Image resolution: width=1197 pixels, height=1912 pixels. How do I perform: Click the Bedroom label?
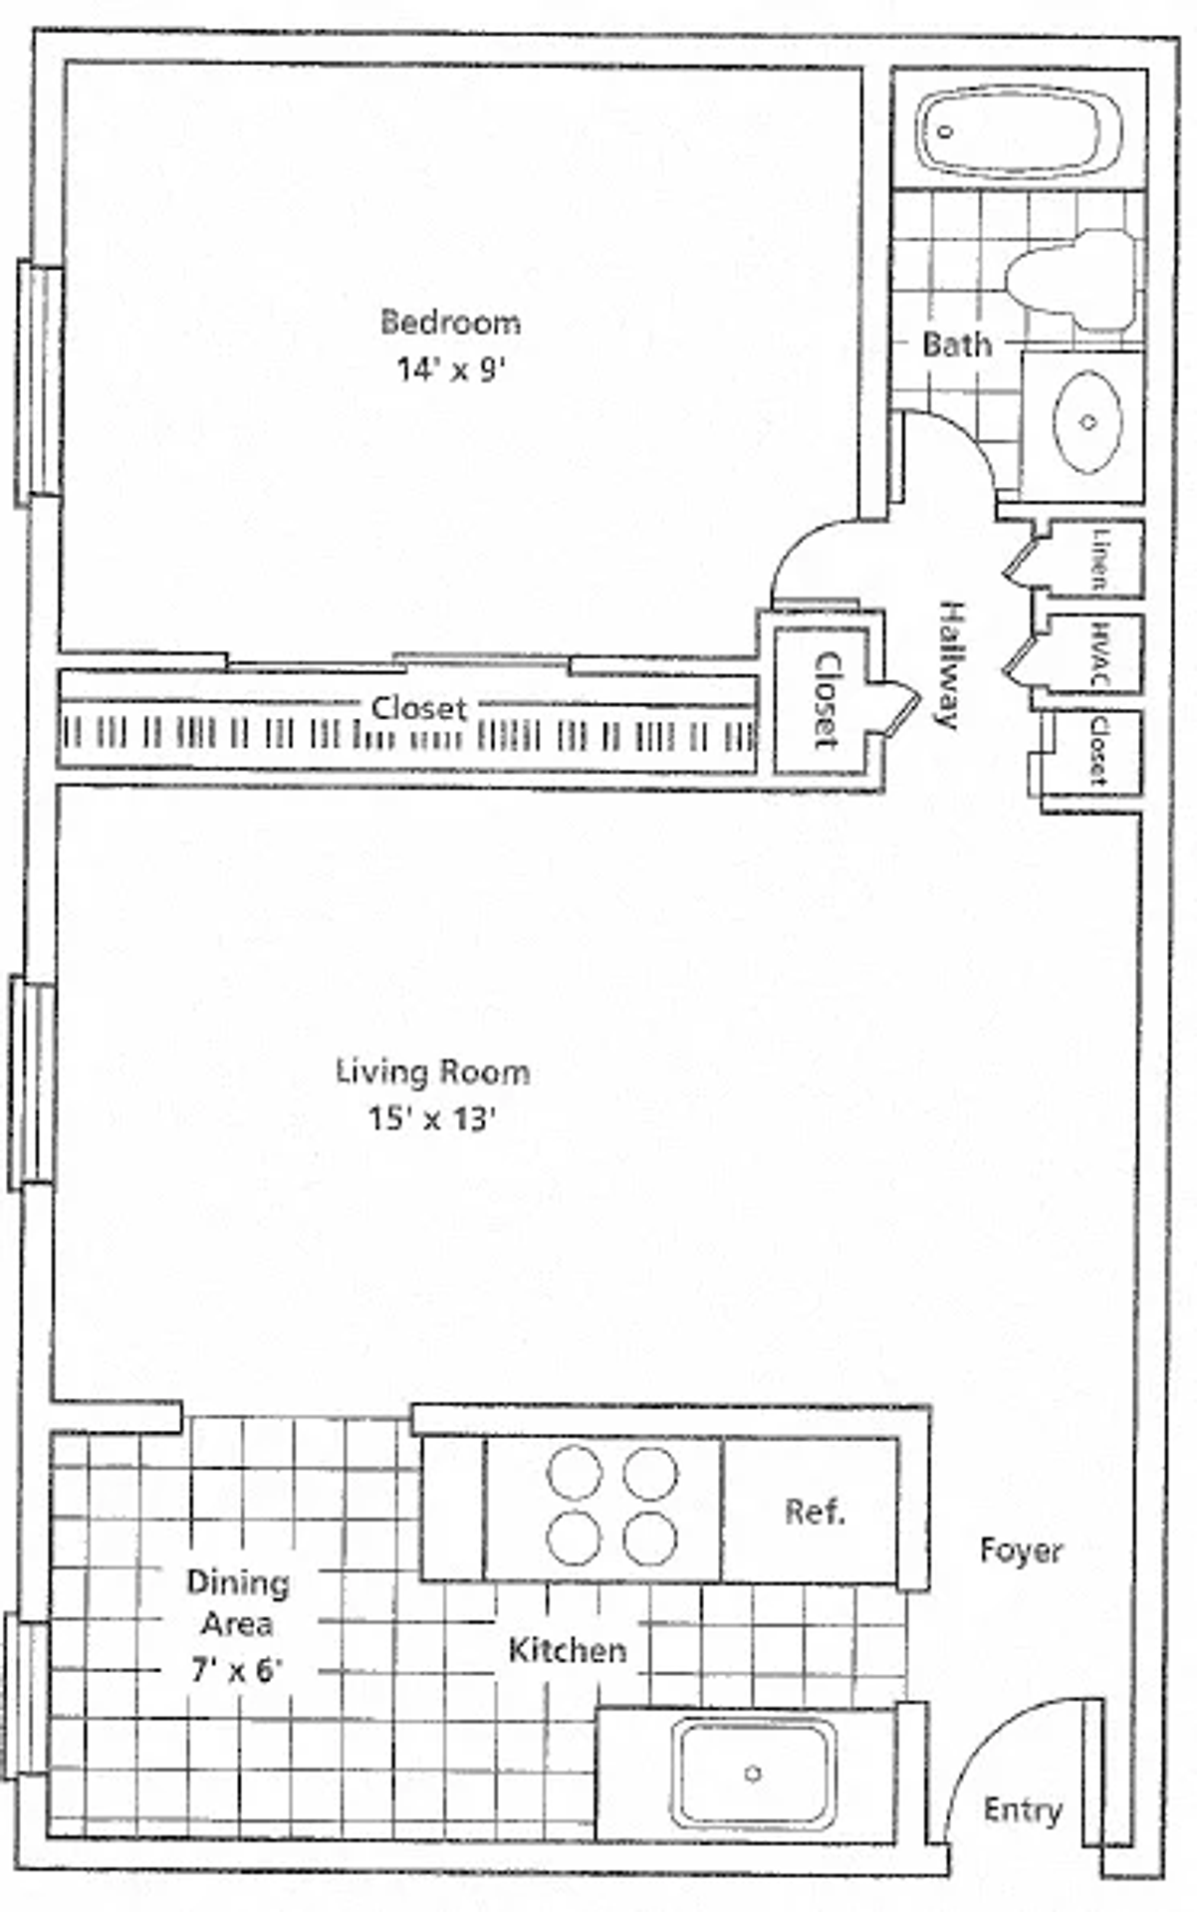(x=450, y=322)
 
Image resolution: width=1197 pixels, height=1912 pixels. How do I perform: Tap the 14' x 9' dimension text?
(x=451, y=369)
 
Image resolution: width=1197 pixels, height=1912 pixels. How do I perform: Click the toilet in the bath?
(x=1071, y=279)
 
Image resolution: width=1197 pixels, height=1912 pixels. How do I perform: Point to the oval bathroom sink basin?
(x=1087, y=422)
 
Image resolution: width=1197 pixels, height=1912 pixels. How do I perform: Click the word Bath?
(x=956, y=345)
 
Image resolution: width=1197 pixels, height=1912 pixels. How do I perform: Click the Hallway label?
(x=950, y=664)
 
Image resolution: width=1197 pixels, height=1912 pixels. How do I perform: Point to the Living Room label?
(x=432, y=1072)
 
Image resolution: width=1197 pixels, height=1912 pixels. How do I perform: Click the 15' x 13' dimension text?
(x=432, y=1119)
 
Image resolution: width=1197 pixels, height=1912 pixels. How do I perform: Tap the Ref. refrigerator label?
(x=815, y=1511)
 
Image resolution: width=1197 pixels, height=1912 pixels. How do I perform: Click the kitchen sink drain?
(x=753, y=1773)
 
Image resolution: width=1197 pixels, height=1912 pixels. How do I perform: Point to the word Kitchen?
(x=568, y=1650)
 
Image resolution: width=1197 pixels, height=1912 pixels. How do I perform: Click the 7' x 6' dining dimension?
(x=237, y=1668)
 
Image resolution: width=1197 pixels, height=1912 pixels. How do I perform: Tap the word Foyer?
(x=1021, y=1550)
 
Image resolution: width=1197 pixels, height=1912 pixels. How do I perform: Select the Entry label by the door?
(x=1022, y=1809)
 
